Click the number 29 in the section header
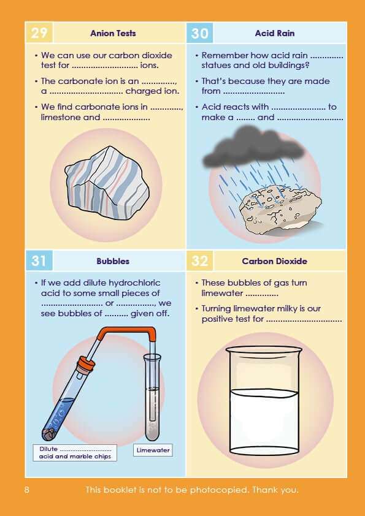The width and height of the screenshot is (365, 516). pyautogui.click(x=39, y=33)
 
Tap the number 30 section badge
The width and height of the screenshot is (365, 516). pyautogui.click(x=199, y=33)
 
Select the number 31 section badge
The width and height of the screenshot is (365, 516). pyautogui.click(x=39, y=260)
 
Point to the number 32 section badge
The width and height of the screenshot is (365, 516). pyautogui.click(x=199, y=260)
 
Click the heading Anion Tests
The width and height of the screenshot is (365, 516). pyautogui.click(x=113, y=33)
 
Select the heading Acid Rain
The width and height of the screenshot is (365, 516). pyautogui.click(x=275, y=33)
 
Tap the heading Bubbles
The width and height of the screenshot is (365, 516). pyautogui.click(x=113, y=261)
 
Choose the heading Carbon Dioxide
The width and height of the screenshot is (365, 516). pyautogui.click(x=274, y=261)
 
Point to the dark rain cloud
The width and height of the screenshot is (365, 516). pyautogui.click(x=253, y=146)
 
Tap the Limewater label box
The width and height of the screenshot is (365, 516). pyautogui.click(x=153, y=450)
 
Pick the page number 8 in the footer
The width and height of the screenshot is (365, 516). pyautogui.click(x=26, y=490)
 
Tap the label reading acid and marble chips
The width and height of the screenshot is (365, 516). pyautogui.click(x=75, y=457)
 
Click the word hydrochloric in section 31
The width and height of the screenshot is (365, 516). pyautogui.click(x=134, y=283)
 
